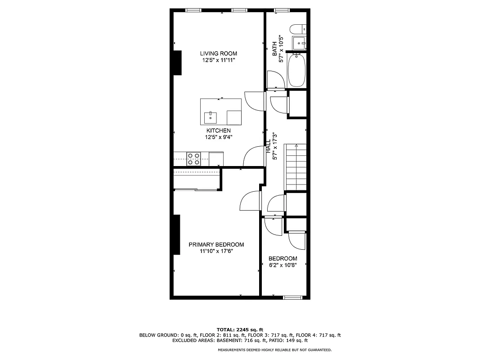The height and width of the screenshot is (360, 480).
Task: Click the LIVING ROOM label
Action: point(219,54)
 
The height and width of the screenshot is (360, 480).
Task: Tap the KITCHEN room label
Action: point(219,130)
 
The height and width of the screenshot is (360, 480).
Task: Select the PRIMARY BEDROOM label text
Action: point(216,245)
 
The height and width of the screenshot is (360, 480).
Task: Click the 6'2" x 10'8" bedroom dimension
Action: point(283,265)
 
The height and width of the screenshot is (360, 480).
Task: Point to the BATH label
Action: point(274,49)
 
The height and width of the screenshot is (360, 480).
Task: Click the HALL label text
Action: point(269,146)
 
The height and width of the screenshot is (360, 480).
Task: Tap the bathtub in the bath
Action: point(296,70)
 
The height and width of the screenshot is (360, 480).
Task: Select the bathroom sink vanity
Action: point(299,43)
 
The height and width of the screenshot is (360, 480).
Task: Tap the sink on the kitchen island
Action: point(210,117)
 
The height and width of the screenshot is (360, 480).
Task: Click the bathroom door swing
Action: point(275,80)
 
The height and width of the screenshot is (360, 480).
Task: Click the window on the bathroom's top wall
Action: point(282,10)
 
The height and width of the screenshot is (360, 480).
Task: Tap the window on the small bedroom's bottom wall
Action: point(292,297)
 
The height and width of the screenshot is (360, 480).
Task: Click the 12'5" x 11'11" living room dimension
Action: point(219,60)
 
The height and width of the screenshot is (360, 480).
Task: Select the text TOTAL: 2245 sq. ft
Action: point(240,329)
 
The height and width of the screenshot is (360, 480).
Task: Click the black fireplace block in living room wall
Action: point(177,63)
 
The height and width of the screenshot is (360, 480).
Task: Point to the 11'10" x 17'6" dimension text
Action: point(216,251)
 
